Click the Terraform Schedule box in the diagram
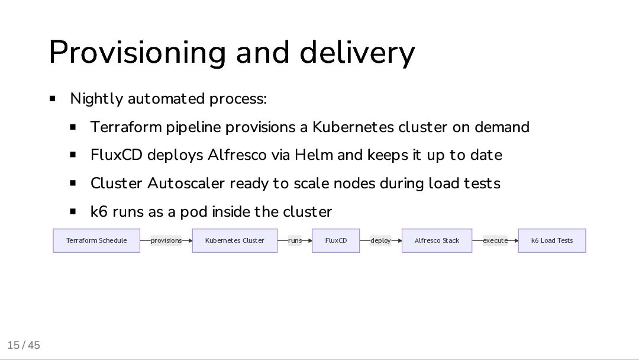click(96, 240)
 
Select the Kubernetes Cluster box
click(234, 240)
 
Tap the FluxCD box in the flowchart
click(335, 240)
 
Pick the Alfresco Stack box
click(437, 240)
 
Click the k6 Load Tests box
click(551, 240)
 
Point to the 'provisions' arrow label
click(166, 240)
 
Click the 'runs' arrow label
click(295, 240)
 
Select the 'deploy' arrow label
click(380, 240)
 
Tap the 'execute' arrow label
click(495, 240)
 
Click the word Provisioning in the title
click(138, 53)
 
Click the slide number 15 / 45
click(24, 345)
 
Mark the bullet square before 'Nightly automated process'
click(53, 98)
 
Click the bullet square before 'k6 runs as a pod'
click(73, 211)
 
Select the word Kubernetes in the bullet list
click(353, 127)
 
